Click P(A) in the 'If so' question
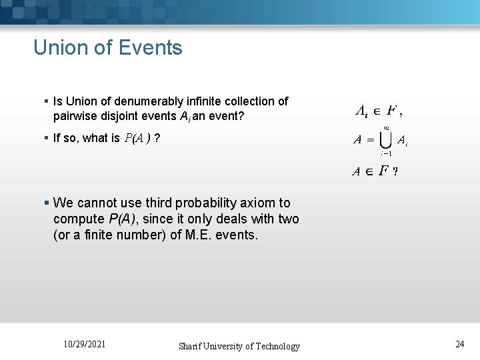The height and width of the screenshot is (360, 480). pos(137,139)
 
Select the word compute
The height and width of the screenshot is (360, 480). pos(78,219)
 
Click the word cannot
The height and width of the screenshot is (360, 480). pos(97,203)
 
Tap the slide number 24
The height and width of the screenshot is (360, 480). pos(460,344)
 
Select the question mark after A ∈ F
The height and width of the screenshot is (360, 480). pos(396,171)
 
